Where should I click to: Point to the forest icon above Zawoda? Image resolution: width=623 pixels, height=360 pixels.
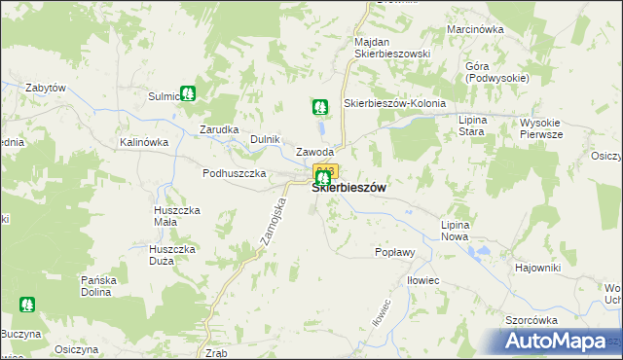click(x=319, y=105)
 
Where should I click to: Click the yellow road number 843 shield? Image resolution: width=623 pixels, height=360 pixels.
click(x=325, y=171)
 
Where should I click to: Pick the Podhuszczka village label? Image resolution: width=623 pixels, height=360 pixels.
click(x=235, y=173)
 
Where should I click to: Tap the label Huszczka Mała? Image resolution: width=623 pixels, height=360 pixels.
click(x=178, y=215)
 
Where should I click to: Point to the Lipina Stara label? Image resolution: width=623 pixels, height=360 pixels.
click(x=471, y=125)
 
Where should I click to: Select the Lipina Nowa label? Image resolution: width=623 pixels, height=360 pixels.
click(x=455, y=231)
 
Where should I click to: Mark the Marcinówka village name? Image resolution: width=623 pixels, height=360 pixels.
click(x=475, y=29)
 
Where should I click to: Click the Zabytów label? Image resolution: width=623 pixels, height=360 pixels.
click(x=46, y=88)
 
